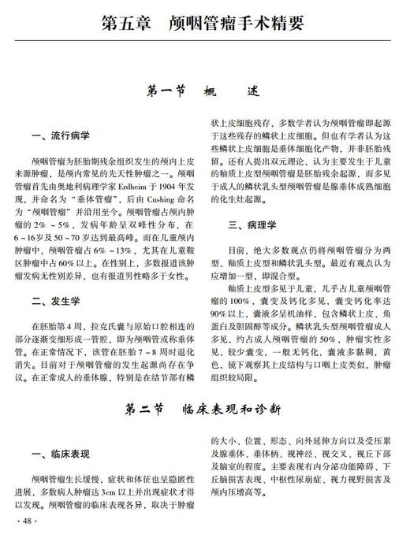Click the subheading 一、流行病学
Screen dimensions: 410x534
[x=58, y=135]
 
